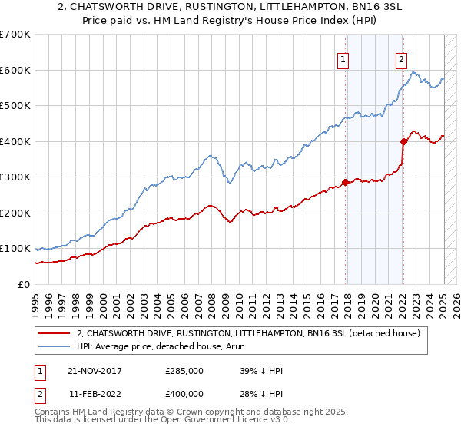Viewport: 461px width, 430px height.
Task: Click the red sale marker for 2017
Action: click(x=345, y=182)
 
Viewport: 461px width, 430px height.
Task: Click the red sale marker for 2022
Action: click(x=403, y=141)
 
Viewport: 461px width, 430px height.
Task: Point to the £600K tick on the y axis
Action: click(x=15, y=70)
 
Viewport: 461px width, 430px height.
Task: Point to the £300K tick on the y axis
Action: click(x=15, y=177)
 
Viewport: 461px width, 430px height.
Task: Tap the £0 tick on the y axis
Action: click(x=23, y=285)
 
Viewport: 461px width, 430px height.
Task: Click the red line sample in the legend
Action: click(x=54, y=334)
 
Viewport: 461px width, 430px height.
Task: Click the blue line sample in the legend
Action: click(x=54, y=346)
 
